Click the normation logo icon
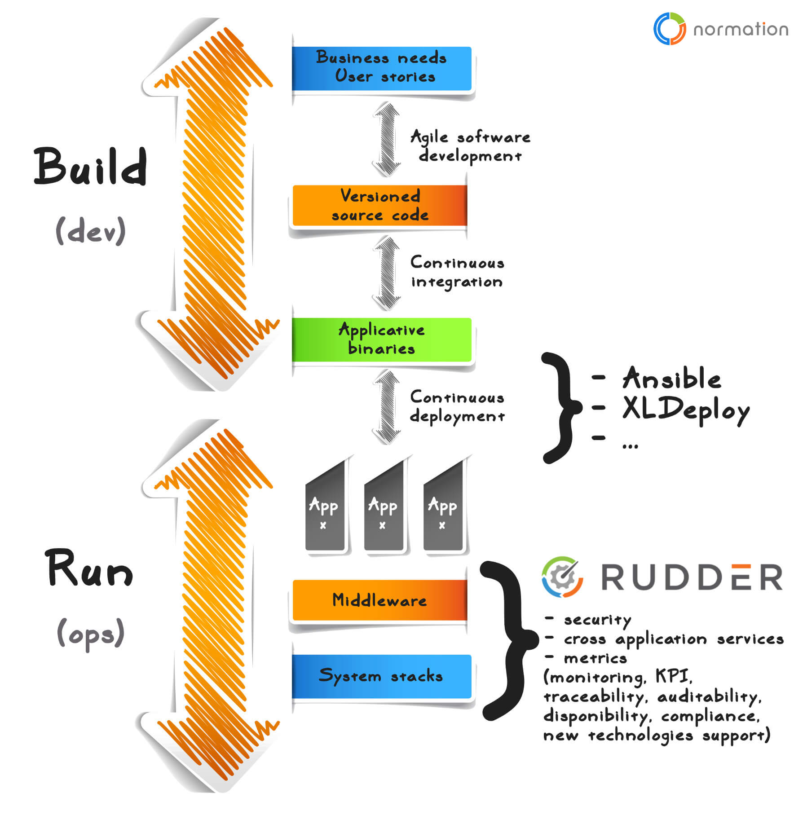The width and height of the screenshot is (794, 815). (669, 29)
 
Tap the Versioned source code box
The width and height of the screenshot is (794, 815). (379, 206)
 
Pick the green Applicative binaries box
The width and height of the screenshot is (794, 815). (381, 339)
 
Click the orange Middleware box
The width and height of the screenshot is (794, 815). (379, 600)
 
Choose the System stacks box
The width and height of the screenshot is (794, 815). (381, 676)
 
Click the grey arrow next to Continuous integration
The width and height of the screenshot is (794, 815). (386, 273)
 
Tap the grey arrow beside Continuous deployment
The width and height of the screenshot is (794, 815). (386, 407)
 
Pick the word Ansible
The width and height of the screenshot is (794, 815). (671, 378)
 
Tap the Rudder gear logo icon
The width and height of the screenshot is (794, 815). (562, 577)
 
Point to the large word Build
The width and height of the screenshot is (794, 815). (90, 167)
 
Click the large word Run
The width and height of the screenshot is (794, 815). (89, 568)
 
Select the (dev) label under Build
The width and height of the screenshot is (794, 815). (90, 231)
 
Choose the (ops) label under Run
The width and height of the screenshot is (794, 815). (90, 633)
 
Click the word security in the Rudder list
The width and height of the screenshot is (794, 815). (597, 620)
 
